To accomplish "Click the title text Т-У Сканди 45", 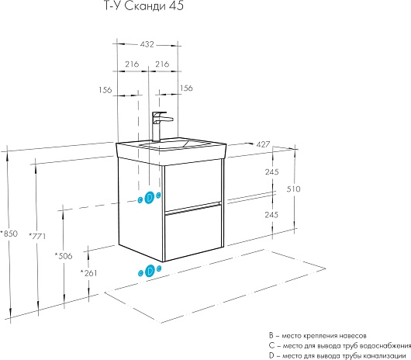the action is pos(144,5).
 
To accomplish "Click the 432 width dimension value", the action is pos(147,44).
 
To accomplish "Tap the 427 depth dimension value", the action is pos(263,144).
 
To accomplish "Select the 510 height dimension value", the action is pos(293,189).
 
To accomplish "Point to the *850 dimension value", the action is pos(9,234).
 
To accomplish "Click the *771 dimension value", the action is pos(37,236).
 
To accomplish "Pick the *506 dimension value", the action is pos(64,255).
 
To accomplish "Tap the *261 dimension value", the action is pos(88,273).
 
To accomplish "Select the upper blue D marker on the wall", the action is pos(150,197).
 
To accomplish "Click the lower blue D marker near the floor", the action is pos(150,271).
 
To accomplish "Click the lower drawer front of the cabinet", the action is pos(193,233).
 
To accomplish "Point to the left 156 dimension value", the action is pos(105,90).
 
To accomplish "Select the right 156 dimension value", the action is pos(186,88).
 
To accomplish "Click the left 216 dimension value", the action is pos(132,64).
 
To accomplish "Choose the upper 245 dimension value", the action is pos(271,172).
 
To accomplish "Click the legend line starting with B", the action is pos(317,336).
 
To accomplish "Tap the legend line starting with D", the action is pos(337,356).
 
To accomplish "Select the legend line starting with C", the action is pos(340,346).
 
